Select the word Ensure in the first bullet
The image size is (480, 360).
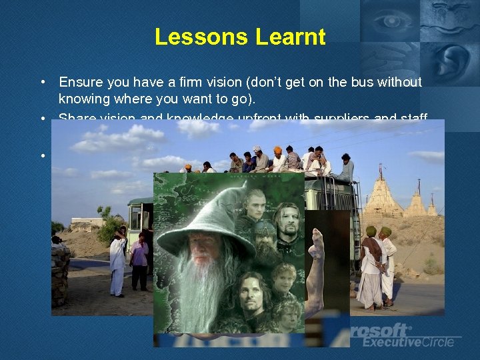point(79,82)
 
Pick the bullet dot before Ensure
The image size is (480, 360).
point(42,83)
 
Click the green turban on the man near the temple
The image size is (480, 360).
point(371,231)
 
